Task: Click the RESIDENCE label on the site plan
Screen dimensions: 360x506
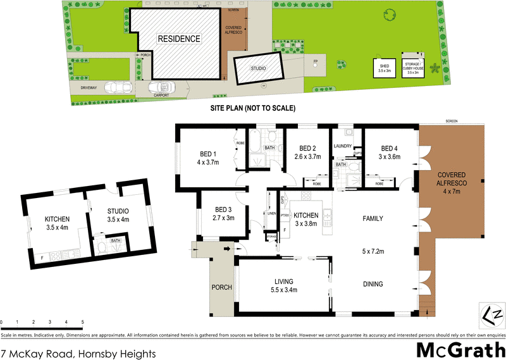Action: (179, 39)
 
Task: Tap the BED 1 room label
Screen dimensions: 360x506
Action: (208, 154)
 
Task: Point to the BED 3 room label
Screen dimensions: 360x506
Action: (224, 210)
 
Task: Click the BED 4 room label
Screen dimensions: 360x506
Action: (390, 148)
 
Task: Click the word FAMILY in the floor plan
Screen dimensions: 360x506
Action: (373, 219)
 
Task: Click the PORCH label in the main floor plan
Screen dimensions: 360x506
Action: (223, 288)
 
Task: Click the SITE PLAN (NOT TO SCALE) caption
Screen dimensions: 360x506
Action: (253, 109)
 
